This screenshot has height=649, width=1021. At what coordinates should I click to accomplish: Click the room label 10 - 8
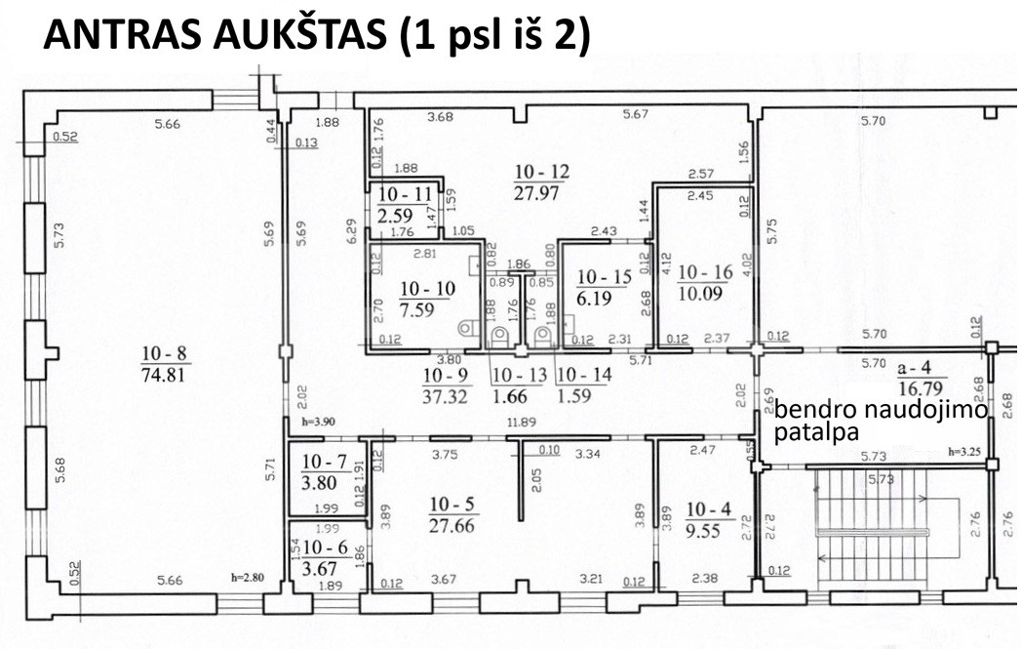164,354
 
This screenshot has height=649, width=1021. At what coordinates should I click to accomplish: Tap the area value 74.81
164,375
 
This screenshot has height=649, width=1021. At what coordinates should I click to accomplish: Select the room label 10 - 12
542,172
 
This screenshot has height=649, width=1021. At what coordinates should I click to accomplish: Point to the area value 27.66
452,525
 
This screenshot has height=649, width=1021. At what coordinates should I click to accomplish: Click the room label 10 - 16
705,272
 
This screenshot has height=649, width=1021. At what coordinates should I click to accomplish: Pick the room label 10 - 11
405,194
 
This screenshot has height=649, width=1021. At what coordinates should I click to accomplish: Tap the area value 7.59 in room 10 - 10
416,309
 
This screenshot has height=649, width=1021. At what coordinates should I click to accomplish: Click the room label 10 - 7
325,462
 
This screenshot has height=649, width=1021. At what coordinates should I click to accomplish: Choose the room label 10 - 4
708,509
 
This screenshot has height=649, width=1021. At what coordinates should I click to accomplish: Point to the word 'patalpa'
816,431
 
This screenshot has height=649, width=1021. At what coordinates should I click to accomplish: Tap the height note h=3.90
319,422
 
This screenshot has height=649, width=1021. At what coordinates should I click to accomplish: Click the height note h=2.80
248,578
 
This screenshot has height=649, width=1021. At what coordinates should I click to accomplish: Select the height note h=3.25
965,451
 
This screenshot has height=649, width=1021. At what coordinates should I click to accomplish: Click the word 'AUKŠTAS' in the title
299,34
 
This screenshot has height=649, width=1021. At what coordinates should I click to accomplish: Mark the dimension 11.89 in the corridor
521,423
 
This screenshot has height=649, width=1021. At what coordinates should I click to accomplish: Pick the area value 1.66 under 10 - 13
509,395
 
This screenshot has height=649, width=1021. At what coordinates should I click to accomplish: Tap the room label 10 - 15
605,277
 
